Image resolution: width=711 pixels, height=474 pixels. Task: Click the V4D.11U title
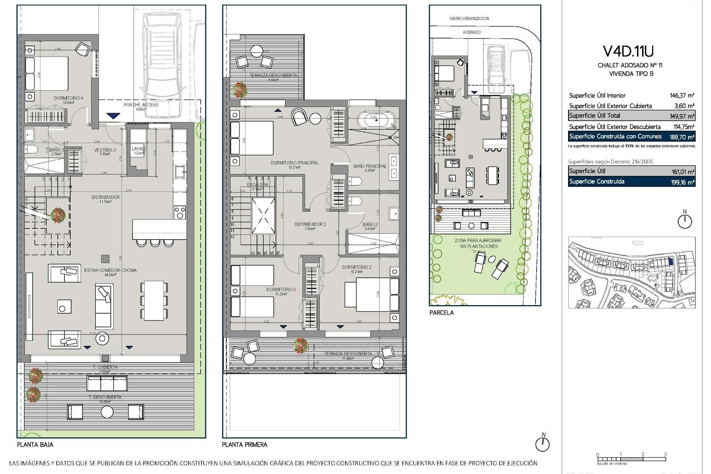point(628,51)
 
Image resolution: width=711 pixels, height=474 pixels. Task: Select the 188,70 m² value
point(684,137)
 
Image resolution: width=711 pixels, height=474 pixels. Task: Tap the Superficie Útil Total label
point(594,116)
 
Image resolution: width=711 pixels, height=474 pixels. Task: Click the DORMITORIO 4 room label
point(69,98)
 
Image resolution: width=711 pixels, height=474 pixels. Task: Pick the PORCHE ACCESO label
point(141,105)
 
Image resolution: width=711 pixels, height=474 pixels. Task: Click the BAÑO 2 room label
point(370,224)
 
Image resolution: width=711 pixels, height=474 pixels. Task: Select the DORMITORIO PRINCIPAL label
point(294,163)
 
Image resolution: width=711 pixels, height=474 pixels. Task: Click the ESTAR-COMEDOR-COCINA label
point(110,270)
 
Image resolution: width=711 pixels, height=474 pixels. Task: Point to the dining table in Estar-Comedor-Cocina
point(154,300)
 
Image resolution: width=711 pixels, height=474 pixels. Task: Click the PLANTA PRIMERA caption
point(244,445)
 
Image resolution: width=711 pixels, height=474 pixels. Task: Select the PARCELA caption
point(441,313)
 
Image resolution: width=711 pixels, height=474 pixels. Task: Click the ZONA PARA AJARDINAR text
point(478,241)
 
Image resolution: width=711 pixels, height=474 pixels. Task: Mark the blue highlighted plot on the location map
point(671,261)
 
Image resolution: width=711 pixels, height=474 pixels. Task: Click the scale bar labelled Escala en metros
point(631,459)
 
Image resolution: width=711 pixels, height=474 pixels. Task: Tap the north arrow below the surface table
point(685,221)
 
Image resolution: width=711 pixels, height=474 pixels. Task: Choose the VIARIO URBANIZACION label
point(469,19)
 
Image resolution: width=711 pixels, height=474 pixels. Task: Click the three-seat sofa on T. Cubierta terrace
point(107,383)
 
